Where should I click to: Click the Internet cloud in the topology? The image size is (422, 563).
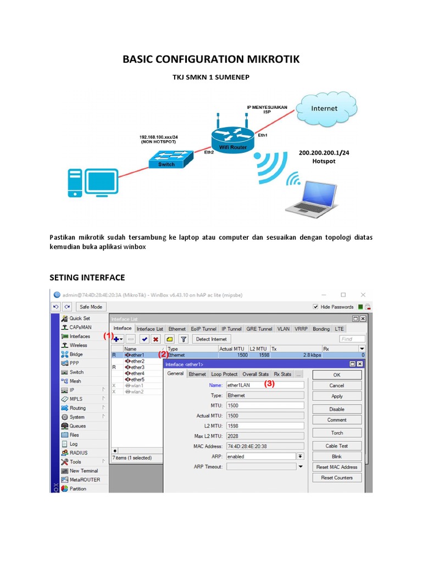(x=324, y=109)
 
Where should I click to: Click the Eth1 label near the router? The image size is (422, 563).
(x=263, y=135)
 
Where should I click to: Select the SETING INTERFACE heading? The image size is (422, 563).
(x=87, y=277)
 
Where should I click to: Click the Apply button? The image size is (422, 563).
(x=337, y=396)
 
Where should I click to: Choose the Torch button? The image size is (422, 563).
(x=337, y=433)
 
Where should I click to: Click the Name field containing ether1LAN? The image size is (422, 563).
(x=265, y=385)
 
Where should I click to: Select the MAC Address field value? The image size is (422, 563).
(x=265, y=446)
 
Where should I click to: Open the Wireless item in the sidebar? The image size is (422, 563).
(x=78, y=345)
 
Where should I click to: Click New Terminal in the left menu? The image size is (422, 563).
(x=84, y=471)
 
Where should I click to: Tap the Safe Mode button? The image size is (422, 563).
(x=92, y=307)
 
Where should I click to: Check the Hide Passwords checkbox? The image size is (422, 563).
(x=315, y=307)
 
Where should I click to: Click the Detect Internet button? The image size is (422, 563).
(x=212, y=339)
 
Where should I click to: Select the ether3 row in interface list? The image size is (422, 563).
(x=137, y=367)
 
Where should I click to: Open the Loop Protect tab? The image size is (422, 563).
(x=224, y=374)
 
